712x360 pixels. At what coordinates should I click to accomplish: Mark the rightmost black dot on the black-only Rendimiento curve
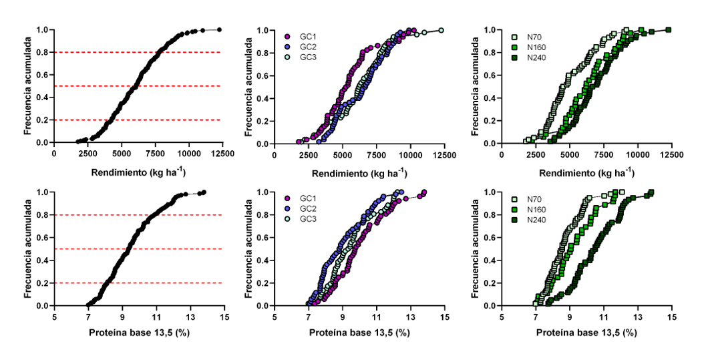[219, 29]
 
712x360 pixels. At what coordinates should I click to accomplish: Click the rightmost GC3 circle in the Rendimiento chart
[441, 30]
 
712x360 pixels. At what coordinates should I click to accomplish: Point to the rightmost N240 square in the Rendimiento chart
[668, 30]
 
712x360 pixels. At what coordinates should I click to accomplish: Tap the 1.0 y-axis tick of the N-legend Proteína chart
[491, 192]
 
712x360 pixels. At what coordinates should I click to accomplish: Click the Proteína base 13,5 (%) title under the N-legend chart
[586, 332]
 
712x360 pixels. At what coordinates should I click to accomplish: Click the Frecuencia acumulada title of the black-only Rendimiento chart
[28, 86]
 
